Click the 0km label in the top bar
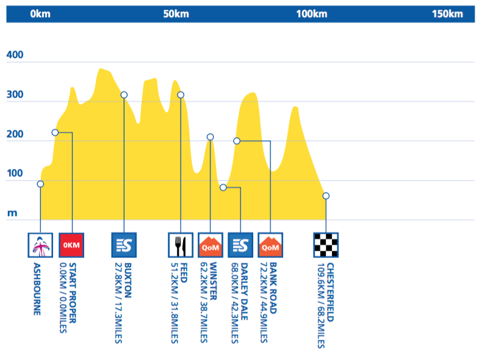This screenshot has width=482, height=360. tap(40, 14)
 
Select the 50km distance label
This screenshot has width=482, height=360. tap(176, 14)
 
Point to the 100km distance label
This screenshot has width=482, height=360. tap(312, 14)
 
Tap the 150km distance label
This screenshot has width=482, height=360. tap(447, 14)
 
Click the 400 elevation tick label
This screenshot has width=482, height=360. tap(15, 56)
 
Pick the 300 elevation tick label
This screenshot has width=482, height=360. tap(15, 95)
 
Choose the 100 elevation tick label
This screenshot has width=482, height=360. tap(15, 174)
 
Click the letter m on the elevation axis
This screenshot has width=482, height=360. tap(12, 213)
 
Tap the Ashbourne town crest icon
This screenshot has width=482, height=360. tap(40, 245)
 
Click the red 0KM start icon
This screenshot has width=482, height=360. tap(72, 245)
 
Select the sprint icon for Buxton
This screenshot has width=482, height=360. tap(124, 245)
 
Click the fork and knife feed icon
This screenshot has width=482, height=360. tap(181, 245)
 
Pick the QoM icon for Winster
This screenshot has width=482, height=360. tap(210, 245)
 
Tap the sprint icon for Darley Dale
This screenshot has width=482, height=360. tap(240, 245)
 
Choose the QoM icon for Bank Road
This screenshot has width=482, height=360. tap(270, 245)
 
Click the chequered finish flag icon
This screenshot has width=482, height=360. tap(326, 245)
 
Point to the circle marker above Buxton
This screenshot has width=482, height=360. tap(124, 95)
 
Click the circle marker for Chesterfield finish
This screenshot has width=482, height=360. tap(326, 196)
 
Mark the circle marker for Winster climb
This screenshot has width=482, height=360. tap(210, 137)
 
